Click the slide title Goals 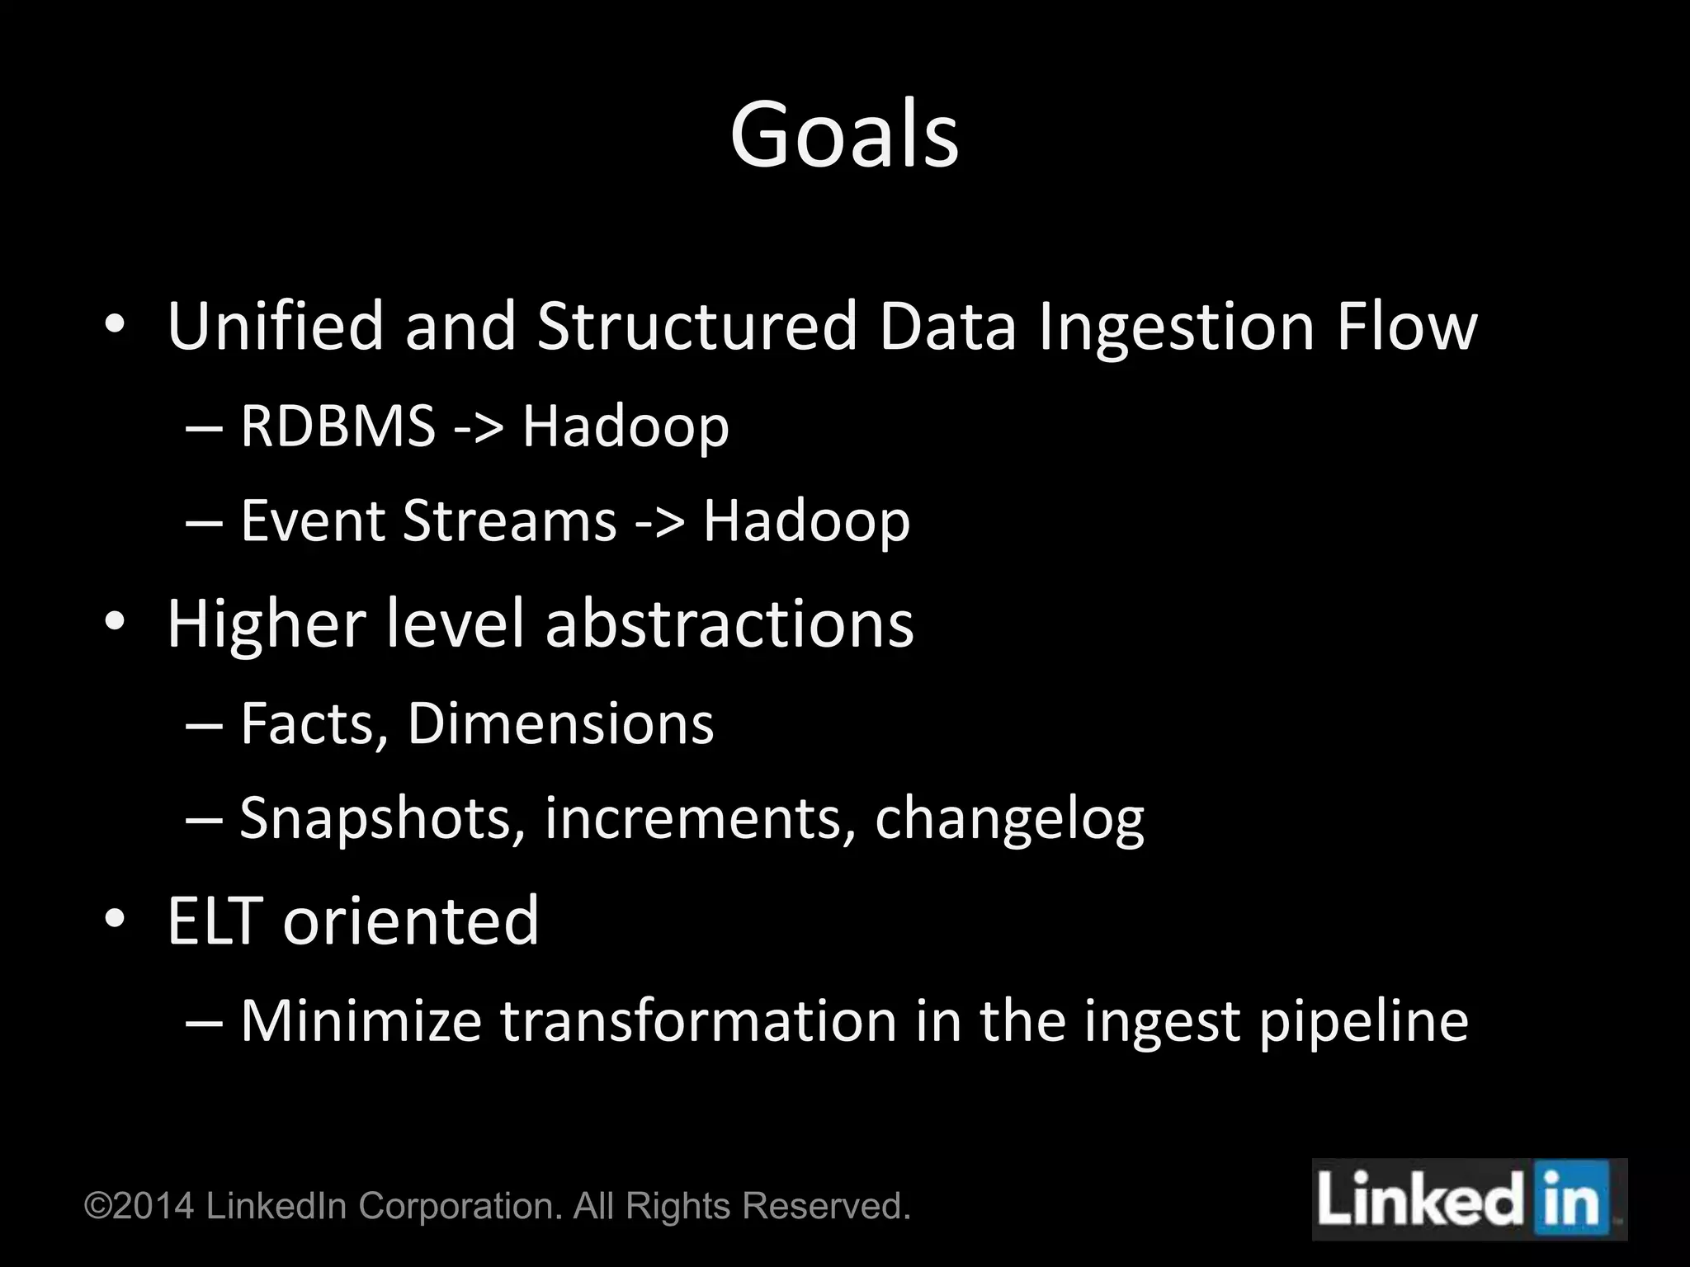(844, 134)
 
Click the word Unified (276, 327)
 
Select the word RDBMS (338, 426)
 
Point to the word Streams (509, 521)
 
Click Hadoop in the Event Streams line (806, 521)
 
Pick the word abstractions (729, 624)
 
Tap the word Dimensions (560, 724)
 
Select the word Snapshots (382, 818)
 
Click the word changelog (1009, 820)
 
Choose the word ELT (214, 921)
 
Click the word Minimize (361, 1021)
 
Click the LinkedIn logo (1469, 1199)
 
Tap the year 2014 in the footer (153, 1206)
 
